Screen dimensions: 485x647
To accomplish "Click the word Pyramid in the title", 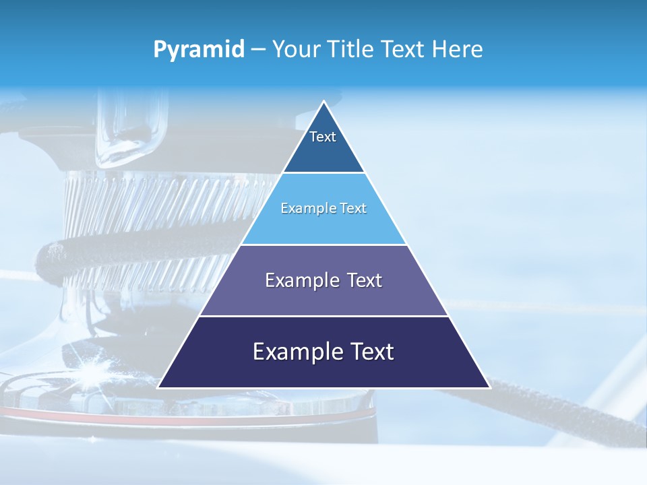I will [x=199, y=50].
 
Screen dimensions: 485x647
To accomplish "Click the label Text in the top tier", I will [x=323, y=137].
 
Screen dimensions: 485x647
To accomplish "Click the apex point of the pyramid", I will [x=323, y=102].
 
